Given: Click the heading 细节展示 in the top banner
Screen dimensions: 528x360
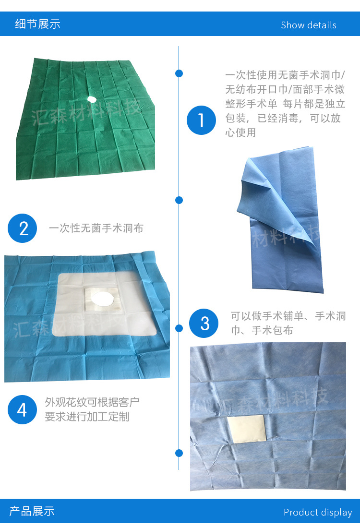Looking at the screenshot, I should pos(37,24).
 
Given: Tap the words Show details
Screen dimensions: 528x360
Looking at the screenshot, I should pos(308,25).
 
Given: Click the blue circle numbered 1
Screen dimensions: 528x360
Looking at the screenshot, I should pos(202,120).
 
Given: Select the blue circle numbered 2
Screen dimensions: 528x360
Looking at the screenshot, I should pos(23,228).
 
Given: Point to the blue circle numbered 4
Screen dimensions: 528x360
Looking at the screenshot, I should pos(23,409).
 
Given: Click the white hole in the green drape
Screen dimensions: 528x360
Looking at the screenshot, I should pos(91,98).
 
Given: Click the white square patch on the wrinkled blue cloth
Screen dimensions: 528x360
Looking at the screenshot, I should pos(245,428).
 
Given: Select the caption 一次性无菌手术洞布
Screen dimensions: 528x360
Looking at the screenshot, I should pos(96,228).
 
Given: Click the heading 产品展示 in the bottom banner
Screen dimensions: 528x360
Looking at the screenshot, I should pos(32,511).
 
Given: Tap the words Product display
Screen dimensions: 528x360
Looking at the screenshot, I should pos(317,513).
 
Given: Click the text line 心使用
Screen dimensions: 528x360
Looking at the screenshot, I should pos(240,132).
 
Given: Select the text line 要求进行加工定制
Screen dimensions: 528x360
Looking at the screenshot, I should pos(87,417).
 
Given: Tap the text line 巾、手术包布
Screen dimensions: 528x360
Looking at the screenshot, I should pos(262,330).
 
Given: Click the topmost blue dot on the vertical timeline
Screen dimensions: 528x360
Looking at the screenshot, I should pos(179,73).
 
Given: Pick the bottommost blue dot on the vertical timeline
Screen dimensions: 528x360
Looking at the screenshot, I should pos(179,453).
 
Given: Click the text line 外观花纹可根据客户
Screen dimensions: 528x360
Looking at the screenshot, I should pos(92,402).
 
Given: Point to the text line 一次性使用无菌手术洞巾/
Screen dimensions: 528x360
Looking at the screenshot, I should pos(285,76).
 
